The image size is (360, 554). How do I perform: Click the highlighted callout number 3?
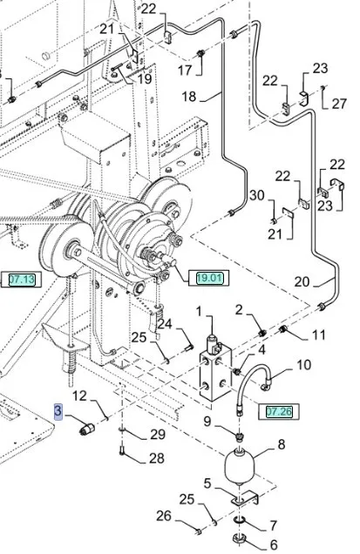58,411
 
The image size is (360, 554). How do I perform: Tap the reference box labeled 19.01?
209,278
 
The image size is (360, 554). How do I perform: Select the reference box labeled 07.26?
279,411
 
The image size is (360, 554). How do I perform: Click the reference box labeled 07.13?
21,280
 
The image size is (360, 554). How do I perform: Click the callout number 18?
189,97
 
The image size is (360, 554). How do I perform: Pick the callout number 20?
302,281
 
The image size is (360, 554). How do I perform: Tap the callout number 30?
257,195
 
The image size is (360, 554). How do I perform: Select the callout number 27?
339,104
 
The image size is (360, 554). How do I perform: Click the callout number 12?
79,395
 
